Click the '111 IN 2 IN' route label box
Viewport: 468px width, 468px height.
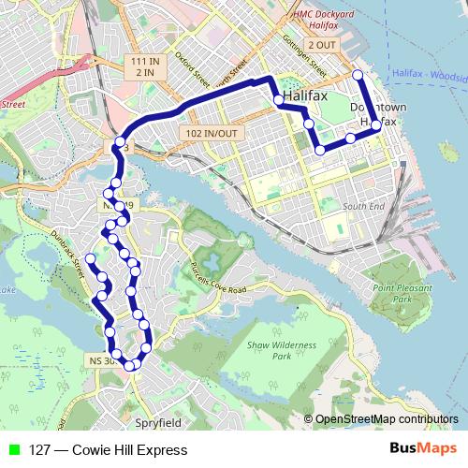pos(145,66)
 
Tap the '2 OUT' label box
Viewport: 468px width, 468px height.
pos(321,45)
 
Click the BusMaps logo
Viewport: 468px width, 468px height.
pos(422,448)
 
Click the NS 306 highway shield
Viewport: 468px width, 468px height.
pos(102,360)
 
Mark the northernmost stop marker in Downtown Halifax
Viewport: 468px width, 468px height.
pos(357,75)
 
